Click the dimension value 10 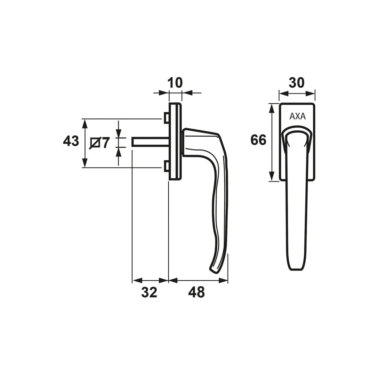click(x=175, y=83)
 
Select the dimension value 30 click(x=297, y=83)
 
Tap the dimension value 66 click(x=258, y=140)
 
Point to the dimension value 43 click(x=71, y=141)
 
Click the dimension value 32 click(x=149, y=293)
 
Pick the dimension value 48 click(x=197, y=293)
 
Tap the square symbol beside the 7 click(x=95, y=143)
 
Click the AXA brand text click(x=297, y=117)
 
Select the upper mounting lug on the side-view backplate click(x=166, y=118)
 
